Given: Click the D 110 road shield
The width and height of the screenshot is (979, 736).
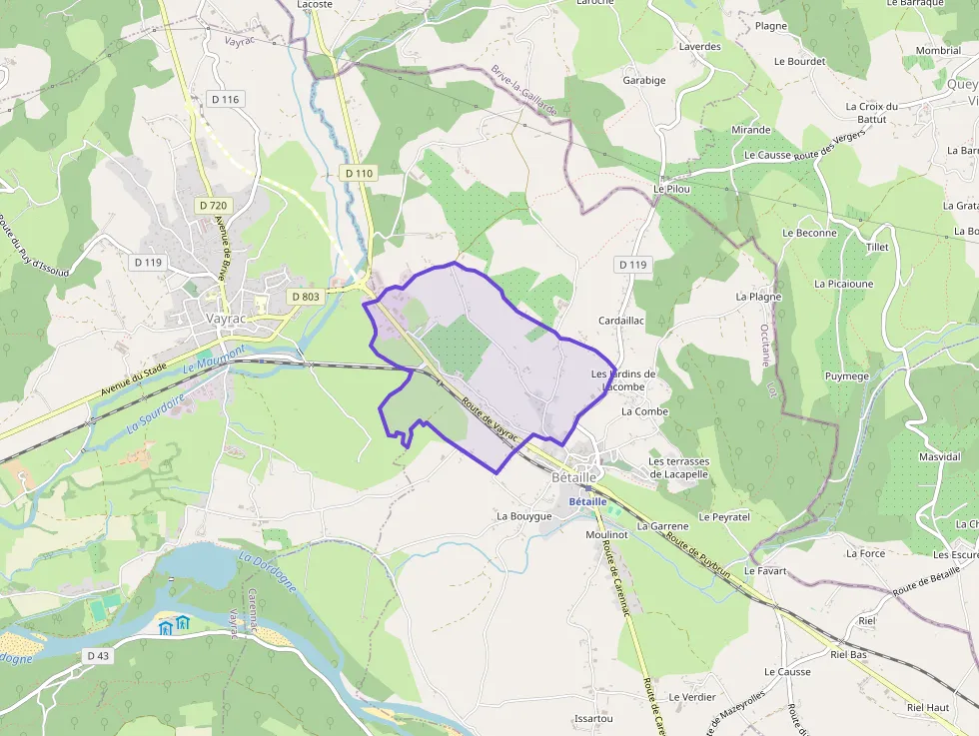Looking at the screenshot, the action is point(359,173).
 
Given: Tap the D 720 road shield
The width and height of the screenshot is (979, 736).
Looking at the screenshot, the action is point(213,206).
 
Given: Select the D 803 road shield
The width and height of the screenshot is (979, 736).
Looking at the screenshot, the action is point(306,297).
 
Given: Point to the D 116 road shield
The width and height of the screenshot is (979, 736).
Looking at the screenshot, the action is point(227,99).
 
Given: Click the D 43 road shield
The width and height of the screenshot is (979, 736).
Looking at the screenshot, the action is point(97,655).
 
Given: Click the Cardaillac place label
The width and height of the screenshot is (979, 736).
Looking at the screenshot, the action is point(621,320).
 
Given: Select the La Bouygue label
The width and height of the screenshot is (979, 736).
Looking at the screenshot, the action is point(524,516).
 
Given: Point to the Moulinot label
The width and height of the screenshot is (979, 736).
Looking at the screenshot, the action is point(606,535).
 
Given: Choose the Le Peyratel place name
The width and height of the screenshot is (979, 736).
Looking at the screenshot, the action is point(724,517).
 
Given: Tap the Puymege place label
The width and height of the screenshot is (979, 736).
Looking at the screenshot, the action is point(847,375).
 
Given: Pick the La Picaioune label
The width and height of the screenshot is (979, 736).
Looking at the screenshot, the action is point(843,284).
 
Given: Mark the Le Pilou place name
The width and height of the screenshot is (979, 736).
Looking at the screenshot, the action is point(672,188).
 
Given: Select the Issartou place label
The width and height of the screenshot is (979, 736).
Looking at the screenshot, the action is point(593,718).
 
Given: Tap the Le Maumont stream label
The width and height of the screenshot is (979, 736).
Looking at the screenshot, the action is point(214,359).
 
